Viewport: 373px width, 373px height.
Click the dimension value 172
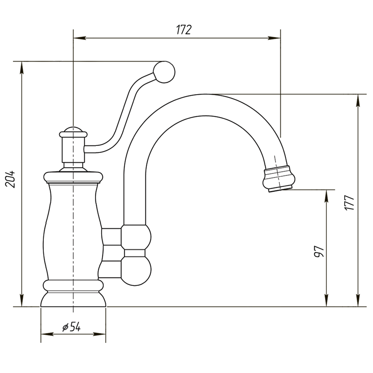pyautogui.click(x=184, y=30)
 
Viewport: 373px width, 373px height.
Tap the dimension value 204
pyautogui.click(x=10, y=179)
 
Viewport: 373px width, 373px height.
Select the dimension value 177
pyautogui.click(x=349, y=203)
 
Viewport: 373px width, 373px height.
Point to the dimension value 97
pyautogui.click(x=319, y=252)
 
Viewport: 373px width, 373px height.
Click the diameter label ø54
pyautogui.click(x=71, y=327)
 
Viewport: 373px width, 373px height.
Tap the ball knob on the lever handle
pyautogui.click(x=164, y=72)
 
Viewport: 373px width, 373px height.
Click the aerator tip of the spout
pyautogui.click(x=279, y=179)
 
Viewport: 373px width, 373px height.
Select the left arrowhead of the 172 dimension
pyautogui.click(x=79, y=38)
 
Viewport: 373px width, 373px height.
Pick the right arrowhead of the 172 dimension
pyautogui.click(x=274, y=38)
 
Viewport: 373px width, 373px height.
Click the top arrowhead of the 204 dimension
pyautogui.click(x=21, y=68)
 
